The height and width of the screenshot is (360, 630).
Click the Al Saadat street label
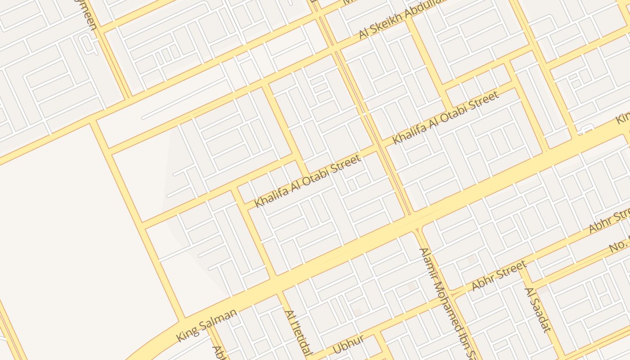click(537, 310)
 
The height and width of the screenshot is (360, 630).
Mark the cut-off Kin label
click(624, 117)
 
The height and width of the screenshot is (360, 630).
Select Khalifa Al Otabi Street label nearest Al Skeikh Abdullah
click(445, 117)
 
